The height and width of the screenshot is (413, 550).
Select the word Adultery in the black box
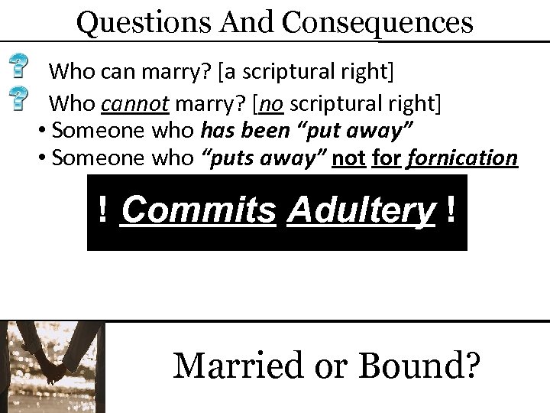[361, 210]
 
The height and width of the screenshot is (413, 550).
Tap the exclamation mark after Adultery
[455, 210]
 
